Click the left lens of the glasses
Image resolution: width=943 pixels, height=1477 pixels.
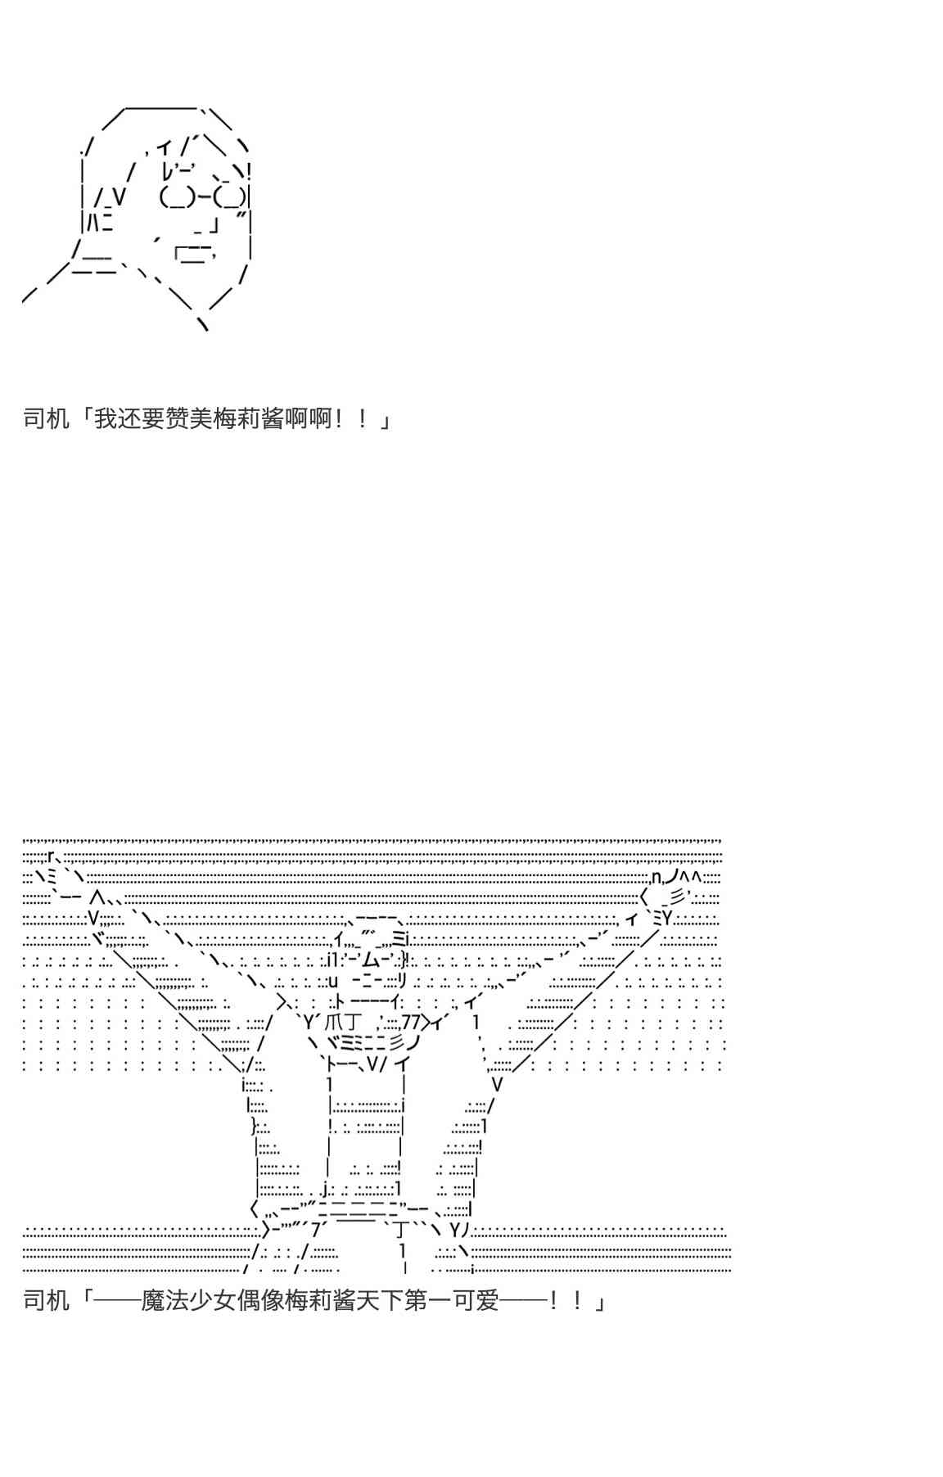click(x=176, y=197)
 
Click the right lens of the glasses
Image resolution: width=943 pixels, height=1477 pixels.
click(x=230, y=197)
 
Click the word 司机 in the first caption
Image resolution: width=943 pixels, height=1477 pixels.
click(x=47, y=420)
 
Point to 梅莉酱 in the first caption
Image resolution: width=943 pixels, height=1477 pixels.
click(x=237, y=420)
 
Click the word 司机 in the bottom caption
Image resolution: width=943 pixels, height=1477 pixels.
click(x=47, y=1299)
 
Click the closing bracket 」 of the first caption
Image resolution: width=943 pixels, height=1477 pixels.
click(x=385, y=420)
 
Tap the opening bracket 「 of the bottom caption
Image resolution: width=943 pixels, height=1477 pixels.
click(x=83, y=1299)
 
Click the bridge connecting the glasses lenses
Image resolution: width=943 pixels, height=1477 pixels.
click(x=203, y=197)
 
